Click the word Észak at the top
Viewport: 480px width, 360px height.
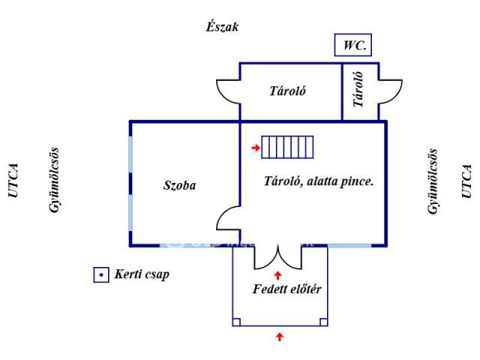tap(222, 27)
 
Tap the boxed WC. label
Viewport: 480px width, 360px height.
tap(354, 45)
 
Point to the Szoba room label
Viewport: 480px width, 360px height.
tap(179, 185)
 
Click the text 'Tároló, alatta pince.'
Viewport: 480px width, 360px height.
tap(319, 181)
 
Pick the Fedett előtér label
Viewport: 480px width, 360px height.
tap(288, 289)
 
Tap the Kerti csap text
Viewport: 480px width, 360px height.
tap(142, 274)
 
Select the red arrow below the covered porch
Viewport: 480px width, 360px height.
tap(280, 337)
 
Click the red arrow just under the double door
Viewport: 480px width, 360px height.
tap(279, 275)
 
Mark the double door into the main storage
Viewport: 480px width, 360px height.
tap(278, 257)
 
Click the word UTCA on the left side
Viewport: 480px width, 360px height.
tap(13, 181)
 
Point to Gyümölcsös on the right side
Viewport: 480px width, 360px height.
tap(433, 181)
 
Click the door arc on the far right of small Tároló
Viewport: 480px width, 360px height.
tap(390, 91)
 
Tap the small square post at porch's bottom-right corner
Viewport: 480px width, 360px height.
tap(323, 322)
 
